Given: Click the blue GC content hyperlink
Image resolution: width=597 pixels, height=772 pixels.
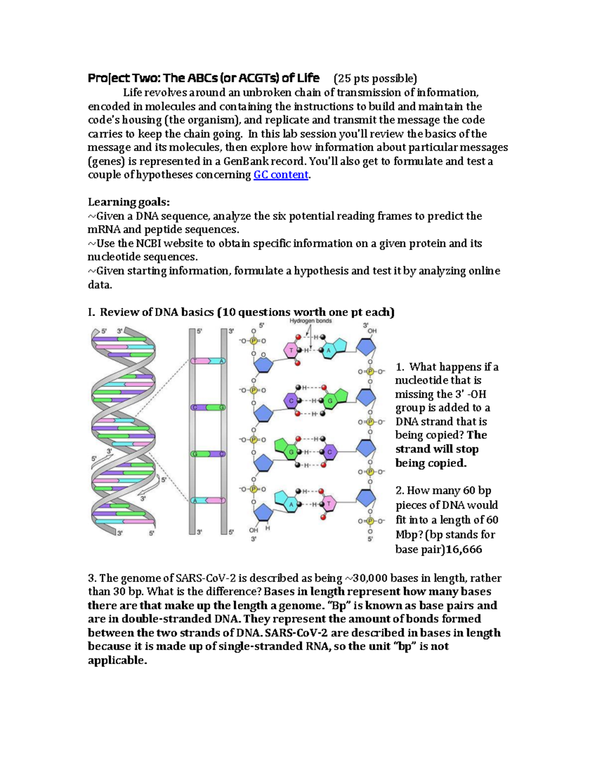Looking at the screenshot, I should point(281,175).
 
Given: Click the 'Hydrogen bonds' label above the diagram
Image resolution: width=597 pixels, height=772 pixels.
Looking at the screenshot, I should point(310,321).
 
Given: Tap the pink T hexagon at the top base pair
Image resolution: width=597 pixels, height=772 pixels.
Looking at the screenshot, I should point(291,350).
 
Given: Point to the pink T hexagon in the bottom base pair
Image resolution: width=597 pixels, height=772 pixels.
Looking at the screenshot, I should point(328,504).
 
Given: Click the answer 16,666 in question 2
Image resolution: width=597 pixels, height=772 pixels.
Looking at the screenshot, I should point(464,549).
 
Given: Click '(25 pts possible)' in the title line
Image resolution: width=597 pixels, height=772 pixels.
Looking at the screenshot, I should point(375,79).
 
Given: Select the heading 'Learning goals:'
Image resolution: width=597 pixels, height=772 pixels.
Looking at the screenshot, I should point(128,202).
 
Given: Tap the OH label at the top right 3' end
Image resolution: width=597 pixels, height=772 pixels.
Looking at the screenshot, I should point(372,331).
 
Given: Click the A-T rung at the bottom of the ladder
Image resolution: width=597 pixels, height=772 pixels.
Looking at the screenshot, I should point(208,501).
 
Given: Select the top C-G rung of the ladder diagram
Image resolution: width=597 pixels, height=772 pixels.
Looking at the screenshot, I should point(208,408).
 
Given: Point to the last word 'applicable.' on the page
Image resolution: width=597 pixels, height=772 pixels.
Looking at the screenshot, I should point(117,661).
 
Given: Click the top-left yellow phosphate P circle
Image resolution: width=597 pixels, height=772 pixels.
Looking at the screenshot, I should point(253,341).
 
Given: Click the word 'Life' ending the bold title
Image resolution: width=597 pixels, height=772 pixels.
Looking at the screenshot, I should point(308,78).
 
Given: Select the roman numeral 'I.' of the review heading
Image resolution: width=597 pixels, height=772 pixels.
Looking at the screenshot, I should point(91,312).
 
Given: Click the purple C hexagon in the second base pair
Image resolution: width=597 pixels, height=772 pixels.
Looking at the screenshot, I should point(292,401).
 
